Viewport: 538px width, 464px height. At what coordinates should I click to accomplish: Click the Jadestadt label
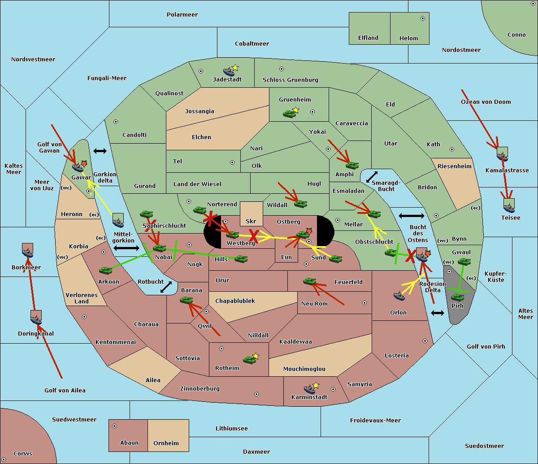tap(227, 80)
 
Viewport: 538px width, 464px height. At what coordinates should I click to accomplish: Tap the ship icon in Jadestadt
tap(229, 71)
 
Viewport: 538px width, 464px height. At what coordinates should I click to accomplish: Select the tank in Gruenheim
tap(289, 114)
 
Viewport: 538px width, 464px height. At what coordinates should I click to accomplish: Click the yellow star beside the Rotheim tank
tap(256, 356)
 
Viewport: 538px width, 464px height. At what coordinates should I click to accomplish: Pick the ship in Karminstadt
tap(309, 389)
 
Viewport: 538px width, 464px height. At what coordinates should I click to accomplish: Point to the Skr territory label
tap(251, 221)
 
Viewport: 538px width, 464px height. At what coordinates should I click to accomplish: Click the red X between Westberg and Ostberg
tap(254, 235)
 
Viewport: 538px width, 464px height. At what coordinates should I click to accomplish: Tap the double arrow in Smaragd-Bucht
tap(372, 177)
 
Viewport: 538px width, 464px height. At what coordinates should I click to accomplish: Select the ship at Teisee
tap(509, 206)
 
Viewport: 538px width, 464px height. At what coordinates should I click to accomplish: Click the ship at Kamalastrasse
tap(503, 155)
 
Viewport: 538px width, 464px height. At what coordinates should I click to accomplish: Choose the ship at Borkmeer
tap(28, 251)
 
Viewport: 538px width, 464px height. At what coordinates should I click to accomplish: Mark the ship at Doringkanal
tap(36, 318)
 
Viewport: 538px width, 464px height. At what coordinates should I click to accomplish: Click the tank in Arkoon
tap(105, 270)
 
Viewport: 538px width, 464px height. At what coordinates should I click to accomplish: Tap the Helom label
tap(409, 38)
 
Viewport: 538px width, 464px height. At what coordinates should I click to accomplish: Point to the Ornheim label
tap(166, 443)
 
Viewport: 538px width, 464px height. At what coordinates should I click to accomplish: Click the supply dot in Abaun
tap(114, 426)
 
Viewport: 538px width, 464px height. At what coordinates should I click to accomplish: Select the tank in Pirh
tap(458, 297)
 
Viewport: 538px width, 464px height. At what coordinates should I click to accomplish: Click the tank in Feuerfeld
tap(309, 281)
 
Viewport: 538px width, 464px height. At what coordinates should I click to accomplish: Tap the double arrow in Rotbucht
tap(166, 287)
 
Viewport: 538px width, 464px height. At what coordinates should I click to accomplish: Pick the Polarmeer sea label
tap(182, 15)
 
